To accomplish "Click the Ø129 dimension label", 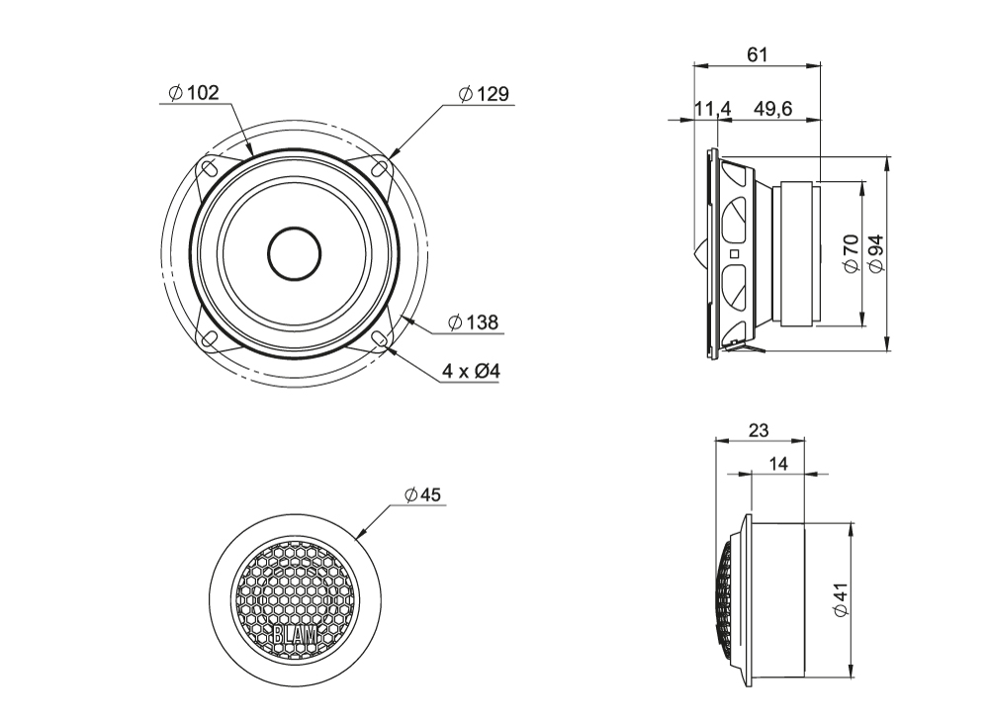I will (x=484, y=94).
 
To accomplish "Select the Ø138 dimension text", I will (x=472, y=321).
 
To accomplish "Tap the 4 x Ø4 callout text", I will (x=471, y=371).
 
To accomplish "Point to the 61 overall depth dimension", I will (x=757, y=55).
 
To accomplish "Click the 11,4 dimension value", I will (x=711, y=109).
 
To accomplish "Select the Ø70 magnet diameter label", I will (x=849, y=253).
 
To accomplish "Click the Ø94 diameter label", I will (x=874, y=253).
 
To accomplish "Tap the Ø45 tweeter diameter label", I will (x=422, y=495).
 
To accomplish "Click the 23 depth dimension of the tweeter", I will (x=760, y=431).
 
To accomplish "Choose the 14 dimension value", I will (x=778, y=463).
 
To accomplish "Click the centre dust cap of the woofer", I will (x=294, y=253).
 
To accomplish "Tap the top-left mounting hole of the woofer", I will (x=208, y=168).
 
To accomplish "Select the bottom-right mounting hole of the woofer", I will (x=380, y=339).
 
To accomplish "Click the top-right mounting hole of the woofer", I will (x=380, y=168).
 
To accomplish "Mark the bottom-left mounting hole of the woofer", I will (x=208, y=339).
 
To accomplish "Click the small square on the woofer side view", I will (x=733, y=254).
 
